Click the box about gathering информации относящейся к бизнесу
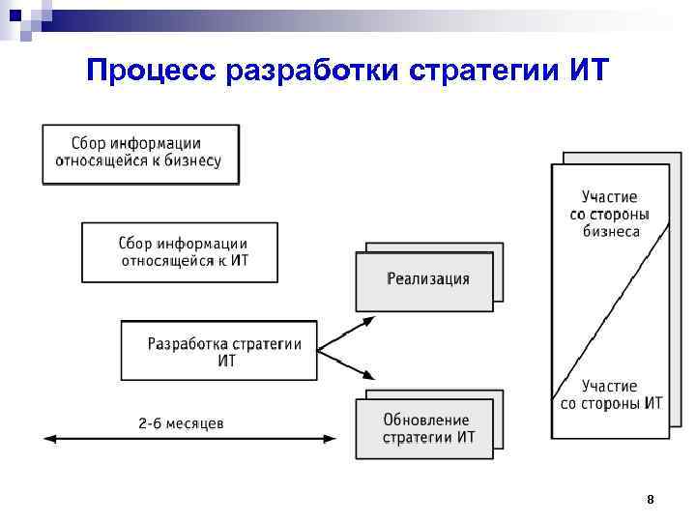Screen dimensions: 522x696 pyautogui.click(x=140, y=153)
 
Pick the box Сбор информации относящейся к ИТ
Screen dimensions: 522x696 pyautogui.click(x=180, y=252)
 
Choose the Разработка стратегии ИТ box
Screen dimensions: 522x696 pyautogui.click(x=218, y=350)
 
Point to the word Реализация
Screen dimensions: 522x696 pyautogui.click(x=428, y=279)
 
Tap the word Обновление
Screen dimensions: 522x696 pyautogui.click(x=426, y=420)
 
